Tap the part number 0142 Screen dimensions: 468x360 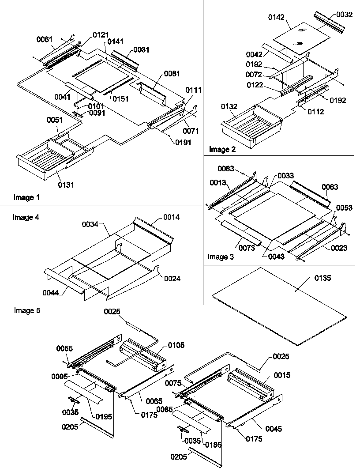(277, 18)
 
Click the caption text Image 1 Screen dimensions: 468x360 (26, 197)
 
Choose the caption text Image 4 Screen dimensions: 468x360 (23, 217)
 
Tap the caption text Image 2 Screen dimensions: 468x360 (222, 149)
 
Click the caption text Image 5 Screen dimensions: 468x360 (27, 310)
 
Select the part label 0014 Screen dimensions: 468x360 (172, 217)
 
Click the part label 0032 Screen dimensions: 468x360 (344, 15)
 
